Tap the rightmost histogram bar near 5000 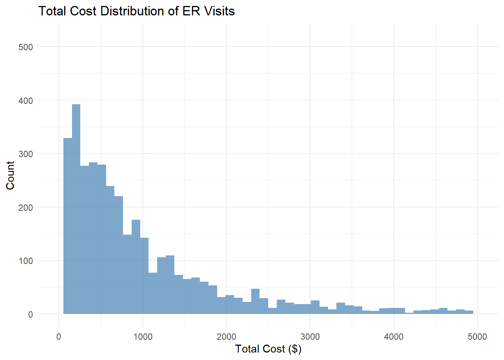click(x=469, y=312)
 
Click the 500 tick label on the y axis click(x=26, y=47)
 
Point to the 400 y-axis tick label click(x=26, y=101)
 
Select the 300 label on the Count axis click(x=26, y=154)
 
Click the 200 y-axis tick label click(x=26, y=207)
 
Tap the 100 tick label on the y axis click(x=26, y=261)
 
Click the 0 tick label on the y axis click(x=30, y=315)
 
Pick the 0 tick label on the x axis click(x=59, y=337)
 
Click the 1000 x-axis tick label click(x=143, y=337)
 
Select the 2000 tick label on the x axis click(x=226, y=337)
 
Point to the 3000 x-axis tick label click(x=310, y=337)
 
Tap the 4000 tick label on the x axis click(x=394, y=337)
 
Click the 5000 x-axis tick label click(x=477, y=337)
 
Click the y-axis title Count click(x=10, y=175)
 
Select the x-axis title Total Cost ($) click(x=268, y=349)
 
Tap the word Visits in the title click(x=219, y=11)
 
